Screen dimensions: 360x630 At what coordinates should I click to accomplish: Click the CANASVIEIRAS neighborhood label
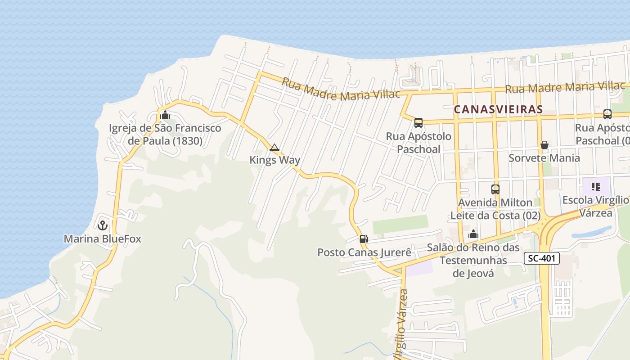pos(498,109)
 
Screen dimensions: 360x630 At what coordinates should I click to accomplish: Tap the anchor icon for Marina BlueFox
pos(103,225)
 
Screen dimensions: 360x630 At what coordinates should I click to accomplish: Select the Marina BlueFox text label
pos(102,238)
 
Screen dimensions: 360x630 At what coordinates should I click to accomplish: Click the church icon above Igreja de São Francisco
pos(165,115)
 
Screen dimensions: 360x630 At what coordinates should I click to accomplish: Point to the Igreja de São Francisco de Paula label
pos(165,135)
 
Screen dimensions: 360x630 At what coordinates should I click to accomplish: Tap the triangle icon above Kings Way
pos(274,147)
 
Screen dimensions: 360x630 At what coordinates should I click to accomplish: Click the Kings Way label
pos(274,160)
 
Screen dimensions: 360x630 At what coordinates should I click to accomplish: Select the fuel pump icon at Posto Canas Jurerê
pos(364,239)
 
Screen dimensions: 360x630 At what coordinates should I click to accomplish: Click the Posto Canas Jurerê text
pos(364,252)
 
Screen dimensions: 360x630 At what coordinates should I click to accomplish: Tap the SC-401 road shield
pos(542,258)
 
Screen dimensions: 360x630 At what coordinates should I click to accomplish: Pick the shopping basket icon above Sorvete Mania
pos(544,145)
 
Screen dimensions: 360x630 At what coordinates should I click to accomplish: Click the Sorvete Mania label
pos(544,158)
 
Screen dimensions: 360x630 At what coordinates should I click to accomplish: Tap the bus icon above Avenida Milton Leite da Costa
pos(495,189)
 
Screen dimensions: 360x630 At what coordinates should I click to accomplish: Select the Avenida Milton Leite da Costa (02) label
pos(495,209)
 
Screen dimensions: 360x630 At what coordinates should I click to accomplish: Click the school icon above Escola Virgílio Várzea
pos(596,187)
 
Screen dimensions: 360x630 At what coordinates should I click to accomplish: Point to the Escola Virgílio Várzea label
pos(595,206)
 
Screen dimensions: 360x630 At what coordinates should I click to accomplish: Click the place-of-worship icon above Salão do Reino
pos(473,234)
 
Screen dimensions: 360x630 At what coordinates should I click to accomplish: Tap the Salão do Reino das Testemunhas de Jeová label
pos(473,260)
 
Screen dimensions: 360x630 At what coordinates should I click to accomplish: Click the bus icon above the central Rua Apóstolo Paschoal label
pos(418,123)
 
